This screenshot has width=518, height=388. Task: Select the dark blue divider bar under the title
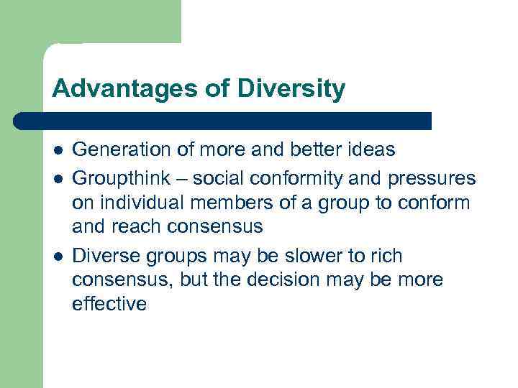tap(223, 121)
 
